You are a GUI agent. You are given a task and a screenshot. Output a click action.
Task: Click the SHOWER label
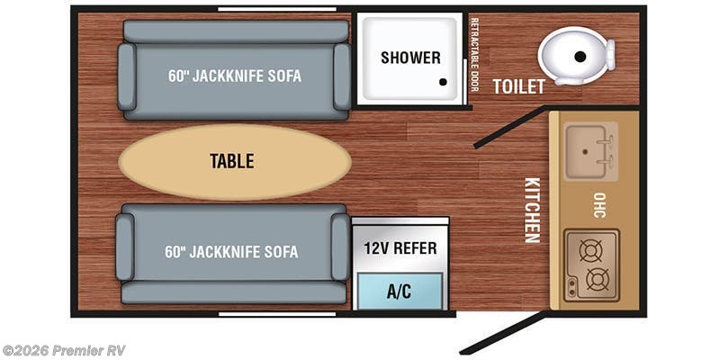click(x=410, y=58)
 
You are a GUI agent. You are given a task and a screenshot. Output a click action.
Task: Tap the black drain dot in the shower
click(x=443, y=82)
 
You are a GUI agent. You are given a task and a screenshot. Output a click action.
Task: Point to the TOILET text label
click(x=519, y=86)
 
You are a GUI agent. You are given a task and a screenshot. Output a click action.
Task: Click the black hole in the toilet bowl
click(x=580, y=57)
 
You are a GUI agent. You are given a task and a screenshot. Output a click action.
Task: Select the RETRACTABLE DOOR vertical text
click(x=474, y=54)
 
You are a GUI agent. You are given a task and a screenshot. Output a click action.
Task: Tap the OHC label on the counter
click(x=599, y=205)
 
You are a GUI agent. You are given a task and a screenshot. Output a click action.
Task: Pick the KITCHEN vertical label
click(x=532, y=211)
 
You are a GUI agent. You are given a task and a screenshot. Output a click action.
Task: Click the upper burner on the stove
click(x=590, y=251)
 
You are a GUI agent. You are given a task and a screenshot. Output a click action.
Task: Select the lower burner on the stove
click(x=598, y=279)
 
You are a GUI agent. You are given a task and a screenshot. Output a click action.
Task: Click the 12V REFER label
click(x=400, y=248)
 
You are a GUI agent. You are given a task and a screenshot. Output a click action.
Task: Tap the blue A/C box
click(x=400, y=291)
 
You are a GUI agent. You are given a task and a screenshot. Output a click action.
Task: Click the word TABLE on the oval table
click(x=232, y=161)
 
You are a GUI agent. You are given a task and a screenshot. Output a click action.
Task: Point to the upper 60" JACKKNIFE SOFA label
click(x=235, y=76)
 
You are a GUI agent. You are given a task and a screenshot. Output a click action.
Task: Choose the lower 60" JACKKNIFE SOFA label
click(x=231, y=252)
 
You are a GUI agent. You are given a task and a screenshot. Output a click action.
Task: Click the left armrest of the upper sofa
click(x=126, y=76)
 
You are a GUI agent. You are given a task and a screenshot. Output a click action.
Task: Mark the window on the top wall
click(x=277, y=9)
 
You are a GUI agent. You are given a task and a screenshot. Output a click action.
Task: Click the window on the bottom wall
click(x=277, y=314)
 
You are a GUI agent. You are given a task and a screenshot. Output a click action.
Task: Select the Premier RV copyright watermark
click(x=63, y=350)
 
